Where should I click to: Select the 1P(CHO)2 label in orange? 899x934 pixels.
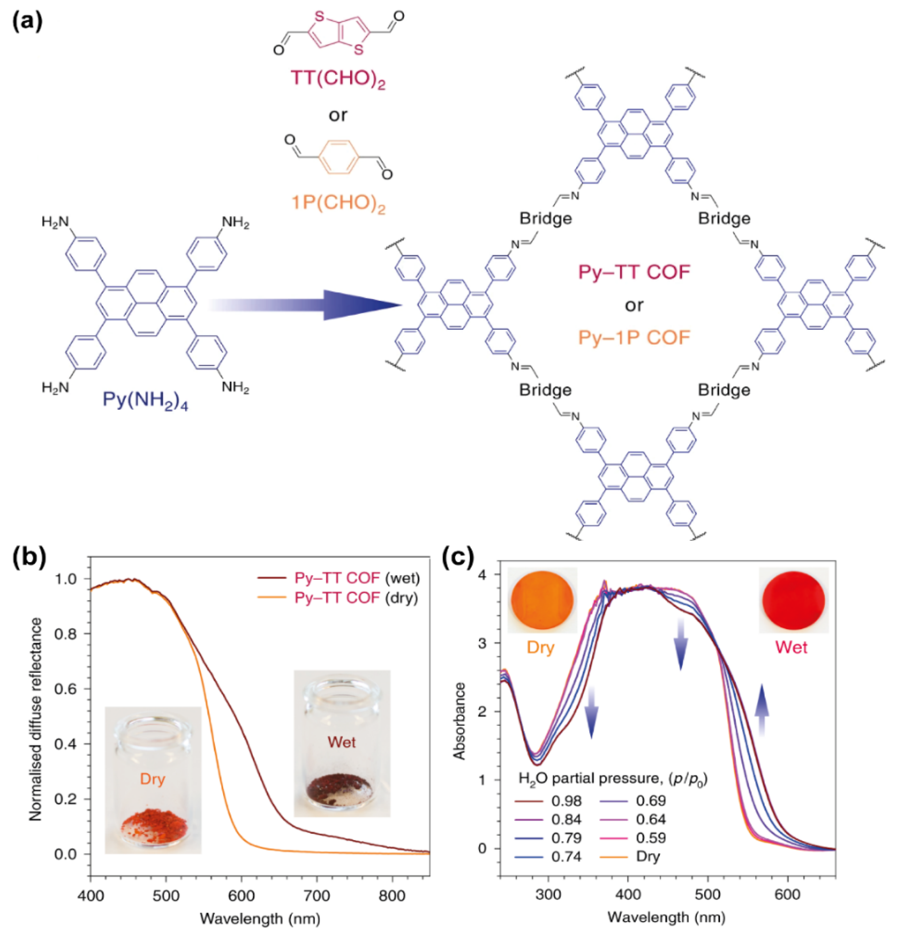tap(337, 204)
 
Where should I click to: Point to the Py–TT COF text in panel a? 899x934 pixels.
tap(634, 273)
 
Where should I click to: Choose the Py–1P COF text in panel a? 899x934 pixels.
tap(634, 338)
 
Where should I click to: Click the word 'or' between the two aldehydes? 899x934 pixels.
tap(338, 115)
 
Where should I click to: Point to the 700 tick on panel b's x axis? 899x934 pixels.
tap(316, 883)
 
